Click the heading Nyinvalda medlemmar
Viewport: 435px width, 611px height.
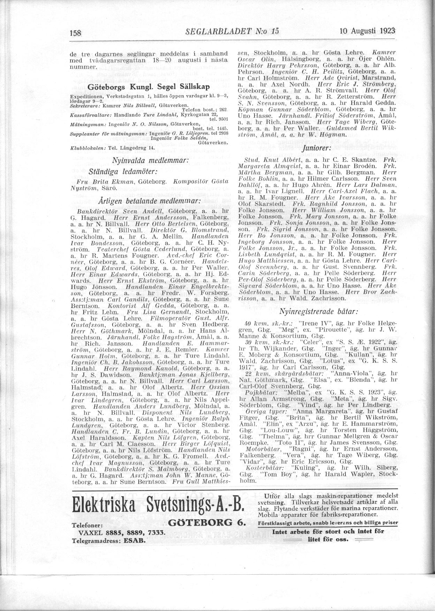(x=150, y=161)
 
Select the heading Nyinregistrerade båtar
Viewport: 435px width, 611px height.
(x=319, y=311)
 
